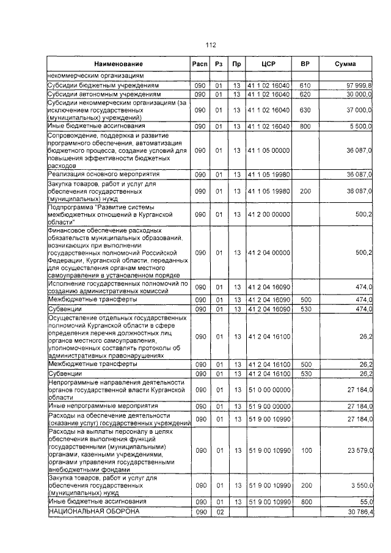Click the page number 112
(x=211, y=45)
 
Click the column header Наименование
(x=119, y=64)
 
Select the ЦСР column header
(x=269, y=64)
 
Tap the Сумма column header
(x=350, y=64)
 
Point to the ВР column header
(x=305, y=64)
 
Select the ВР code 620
(x=305, y=95)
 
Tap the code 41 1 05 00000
(x=269, y=149)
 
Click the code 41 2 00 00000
(x=269, y=214)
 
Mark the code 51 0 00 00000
(x=269, y=389)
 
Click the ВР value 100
(x=305, y=450)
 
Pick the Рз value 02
(x=218, y=511)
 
